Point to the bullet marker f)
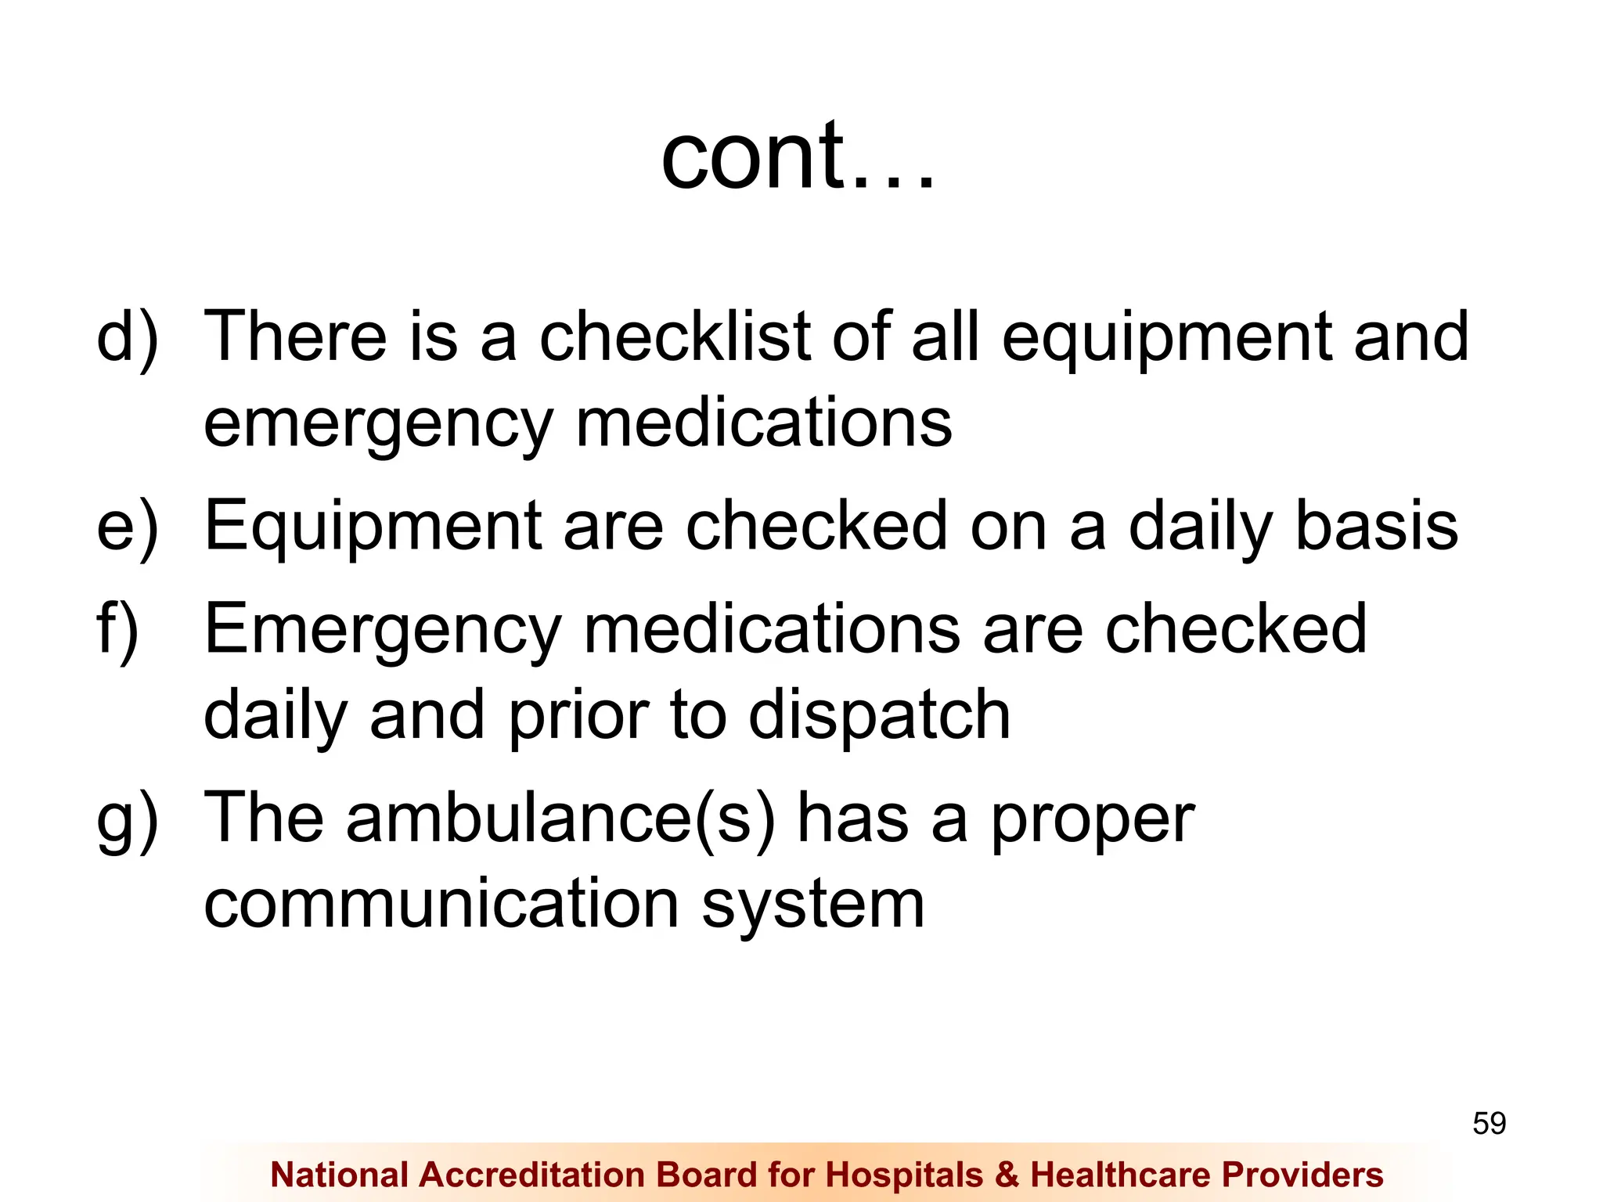pyautogui.click(x=117, y=630)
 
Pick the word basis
pyautogui.click(x=1377, y=526)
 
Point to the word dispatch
pyautogui.click(x=879, y=716)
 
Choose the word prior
pyautogui.click(x=578, y=716)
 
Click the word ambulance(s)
pyautogui.click(x=560, y=819)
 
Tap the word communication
pyautogui.click(x=441, y=905)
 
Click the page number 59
pyautogui.click(x=1489, y=1124)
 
